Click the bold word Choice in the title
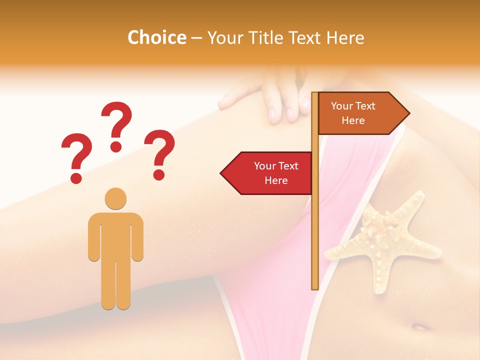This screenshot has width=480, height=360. pos(156,37)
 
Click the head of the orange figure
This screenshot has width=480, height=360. pos(115,198)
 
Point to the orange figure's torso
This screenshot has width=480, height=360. pos(115,235)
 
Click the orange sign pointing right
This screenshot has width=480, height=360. pos(360,113)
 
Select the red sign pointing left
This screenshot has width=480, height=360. pos(270,173)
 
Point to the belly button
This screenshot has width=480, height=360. pos(420,327)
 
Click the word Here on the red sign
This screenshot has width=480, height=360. pos(276,180)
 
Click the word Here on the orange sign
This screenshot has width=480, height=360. pos(353,120)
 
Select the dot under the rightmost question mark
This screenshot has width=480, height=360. pos(159,175)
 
